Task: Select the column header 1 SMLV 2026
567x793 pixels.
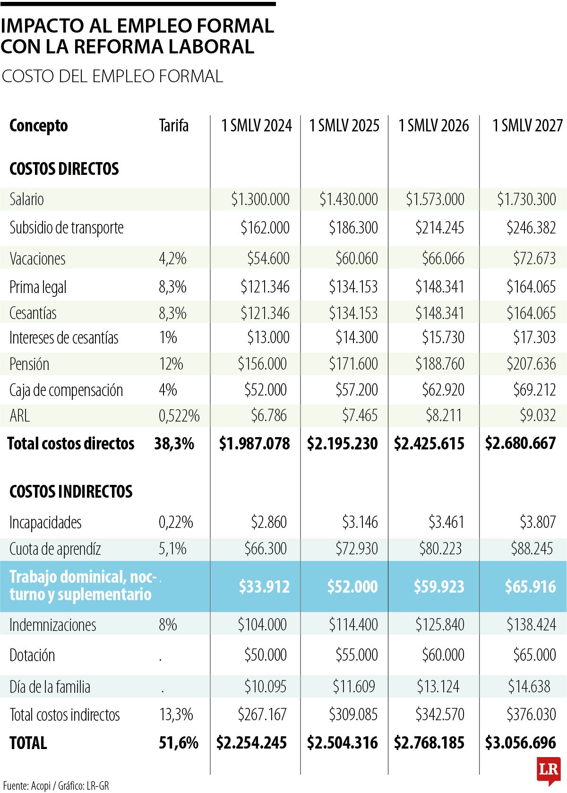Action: pos(434,126)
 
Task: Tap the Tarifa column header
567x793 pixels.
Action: pos(173,126)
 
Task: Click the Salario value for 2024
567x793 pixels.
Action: pos(260,199)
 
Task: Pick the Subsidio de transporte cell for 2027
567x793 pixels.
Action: pos(531,228)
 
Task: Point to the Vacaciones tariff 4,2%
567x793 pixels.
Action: pos(172,259)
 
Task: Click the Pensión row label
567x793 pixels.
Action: pos(29,364)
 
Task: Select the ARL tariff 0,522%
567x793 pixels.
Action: pos(179,416)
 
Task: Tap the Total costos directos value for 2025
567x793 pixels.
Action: pos(343,444)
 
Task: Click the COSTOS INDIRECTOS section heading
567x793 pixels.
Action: pos(71,491)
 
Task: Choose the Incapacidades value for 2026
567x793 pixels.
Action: pos(446,522)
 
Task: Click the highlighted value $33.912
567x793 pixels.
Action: pos(264,586)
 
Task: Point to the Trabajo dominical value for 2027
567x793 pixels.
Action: pos(530,586)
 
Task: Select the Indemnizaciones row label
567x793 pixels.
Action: pos(52,625)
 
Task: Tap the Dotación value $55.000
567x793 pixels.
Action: pos(356,655)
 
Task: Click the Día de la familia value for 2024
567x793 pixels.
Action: pos(265,687)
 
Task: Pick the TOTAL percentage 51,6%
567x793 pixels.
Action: pos(178,743)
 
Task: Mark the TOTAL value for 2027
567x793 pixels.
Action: pos(520,743)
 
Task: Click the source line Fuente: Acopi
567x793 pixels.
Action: pos(56,785)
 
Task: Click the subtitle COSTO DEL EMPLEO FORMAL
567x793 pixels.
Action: pos(112,77)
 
